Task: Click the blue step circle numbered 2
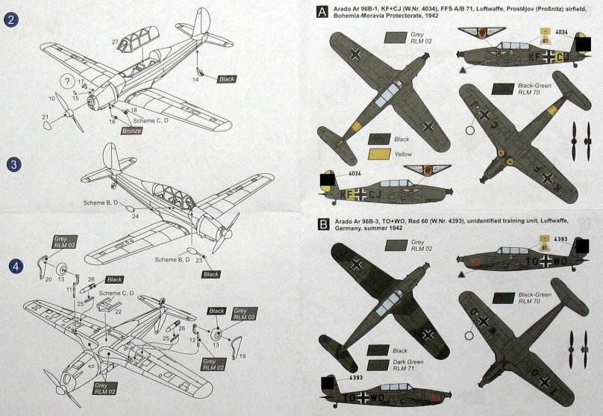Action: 12,21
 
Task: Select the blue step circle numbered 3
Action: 12,164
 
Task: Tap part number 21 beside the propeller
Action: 46,117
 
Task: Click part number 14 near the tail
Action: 196,79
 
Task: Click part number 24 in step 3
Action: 136,216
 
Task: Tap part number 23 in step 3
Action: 199,261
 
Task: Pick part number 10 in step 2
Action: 52,98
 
